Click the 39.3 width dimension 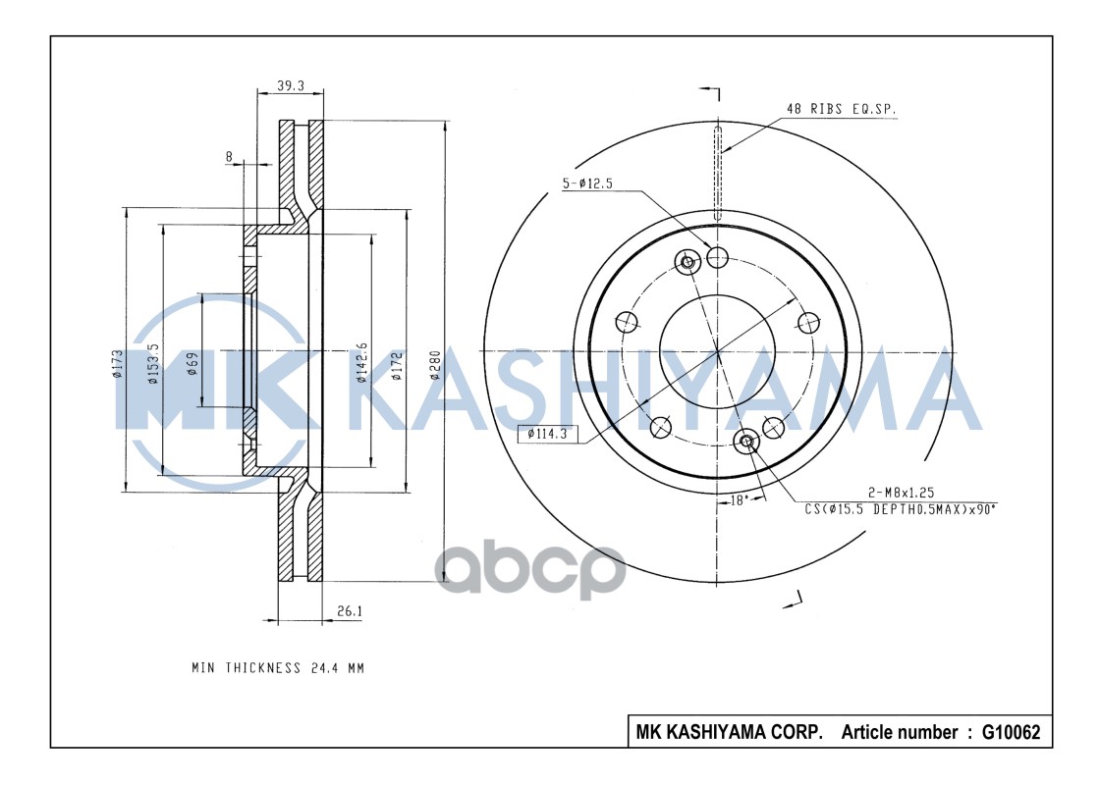pos(290,85)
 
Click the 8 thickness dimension pos(229,156)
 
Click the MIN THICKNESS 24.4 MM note pos(278,668)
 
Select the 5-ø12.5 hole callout pos(587,183)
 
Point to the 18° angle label pos(740,500)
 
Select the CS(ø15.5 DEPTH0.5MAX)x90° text pos(901,508)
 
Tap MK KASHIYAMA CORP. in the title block pos(730,732)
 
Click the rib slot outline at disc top pos(718,172)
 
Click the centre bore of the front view pos(718,350)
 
